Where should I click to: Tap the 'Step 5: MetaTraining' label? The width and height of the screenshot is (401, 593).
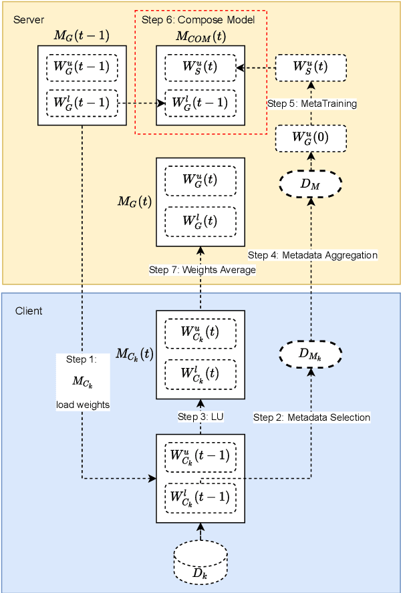[311, 104]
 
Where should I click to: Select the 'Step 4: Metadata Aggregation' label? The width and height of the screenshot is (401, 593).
[313, 255]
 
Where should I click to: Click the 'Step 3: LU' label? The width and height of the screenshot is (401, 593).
[200, 417]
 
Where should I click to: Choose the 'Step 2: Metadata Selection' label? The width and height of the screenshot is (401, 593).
[311, 417]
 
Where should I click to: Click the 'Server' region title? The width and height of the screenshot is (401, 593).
[28, 19]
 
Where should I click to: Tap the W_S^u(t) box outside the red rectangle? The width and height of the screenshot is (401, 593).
[311, 67]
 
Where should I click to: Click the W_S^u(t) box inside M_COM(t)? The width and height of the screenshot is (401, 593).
[200, 67]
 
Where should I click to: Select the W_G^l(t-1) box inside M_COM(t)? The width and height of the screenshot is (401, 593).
[200, 103]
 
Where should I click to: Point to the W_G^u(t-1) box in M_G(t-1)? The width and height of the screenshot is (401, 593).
[82, 67]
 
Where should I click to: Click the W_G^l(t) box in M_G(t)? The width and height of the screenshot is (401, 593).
[200, 220]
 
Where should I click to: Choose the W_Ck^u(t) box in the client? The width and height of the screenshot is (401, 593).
[200, 332]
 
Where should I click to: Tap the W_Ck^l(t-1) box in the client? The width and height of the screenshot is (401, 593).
[200, 497]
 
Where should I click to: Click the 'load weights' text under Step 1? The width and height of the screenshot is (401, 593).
[82, 405]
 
